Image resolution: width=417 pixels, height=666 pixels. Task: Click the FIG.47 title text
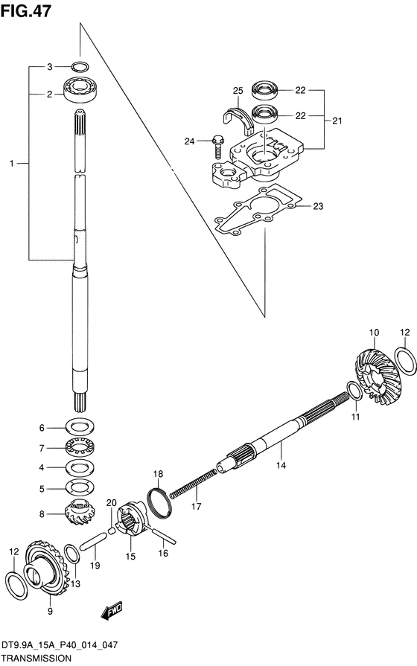coord(26,10)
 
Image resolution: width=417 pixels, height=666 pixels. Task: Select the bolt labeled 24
coord(217,146)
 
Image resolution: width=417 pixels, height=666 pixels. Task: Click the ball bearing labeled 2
coord(80,89)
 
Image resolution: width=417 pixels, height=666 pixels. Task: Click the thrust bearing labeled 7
coord(80,447)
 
